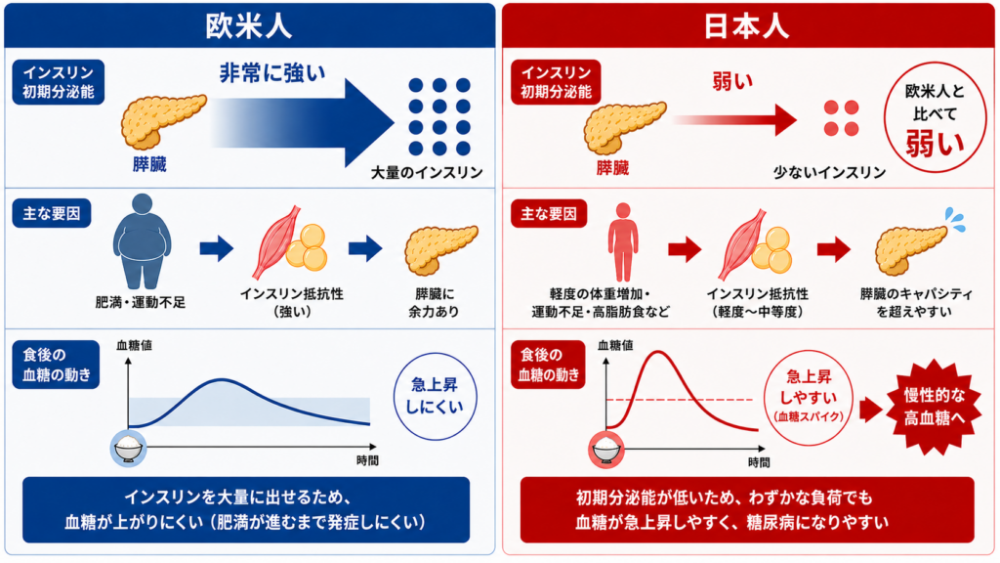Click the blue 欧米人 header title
(249, 26)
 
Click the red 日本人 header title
(746, 26)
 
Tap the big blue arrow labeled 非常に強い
(303, 122)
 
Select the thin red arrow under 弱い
(734, 120)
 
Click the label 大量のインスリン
(427, 172)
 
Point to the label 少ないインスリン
(829, 172)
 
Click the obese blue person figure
(143, 241)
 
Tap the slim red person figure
(622, 242)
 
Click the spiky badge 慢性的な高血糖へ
(934, 407)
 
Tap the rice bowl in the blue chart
(128, 448)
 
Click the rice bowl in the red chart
(605, 450)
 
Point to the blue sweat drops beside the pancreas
(956, 219)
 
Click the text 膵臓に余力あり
(434, 303)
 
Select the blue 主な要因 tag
(52, 213)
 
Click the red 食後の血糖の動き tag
(549, 365)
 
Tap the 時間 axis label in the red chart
(759, 462)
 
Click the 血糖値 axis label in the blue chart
(134, 345)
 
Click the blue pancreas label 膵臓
(149, 164)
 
